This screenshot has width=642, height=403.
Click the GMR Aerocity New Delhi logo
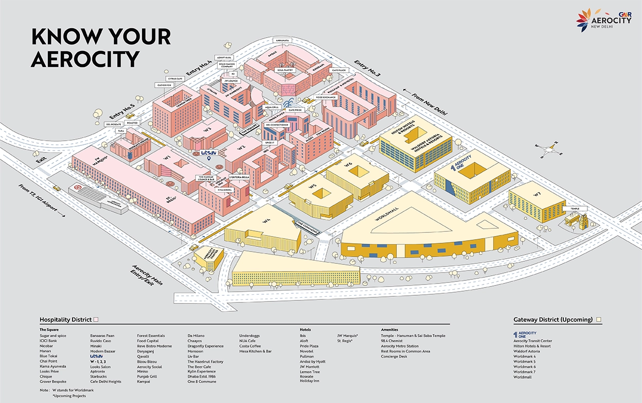point(603,20)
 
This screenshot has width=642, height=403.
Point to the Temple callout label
point(574,209)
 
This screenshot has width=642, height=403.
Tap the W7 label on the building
point(537,194)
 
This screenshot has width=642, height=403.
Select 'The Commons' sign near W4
point(307,226)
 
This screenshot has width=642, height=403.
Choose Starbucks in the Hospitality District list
point(99,377)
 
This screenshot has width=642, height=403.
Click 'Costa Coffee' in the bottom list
point(250,346)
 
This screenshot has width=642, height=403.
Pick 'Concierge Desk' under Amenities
point(394,356)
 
